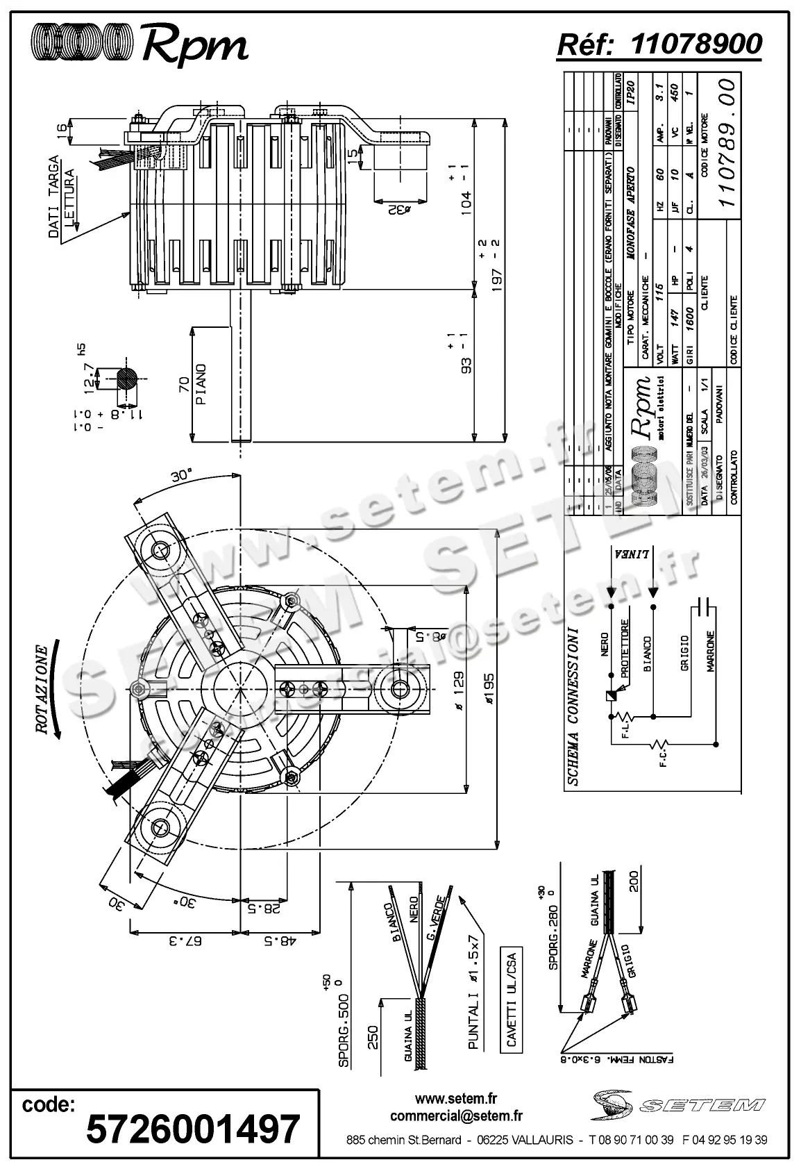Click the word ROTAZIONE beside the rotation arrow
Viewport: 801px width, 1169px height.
(42, 690)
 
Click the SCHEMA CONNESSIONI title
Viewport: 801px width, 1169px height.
(573, 706)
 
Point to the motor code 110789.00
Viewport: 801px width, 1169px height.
(726, 142)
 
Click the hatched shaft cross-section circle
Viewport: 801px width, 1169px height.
(127, 379)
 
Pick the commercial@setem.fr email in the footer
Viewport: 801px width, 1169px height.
(456, 1116)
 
